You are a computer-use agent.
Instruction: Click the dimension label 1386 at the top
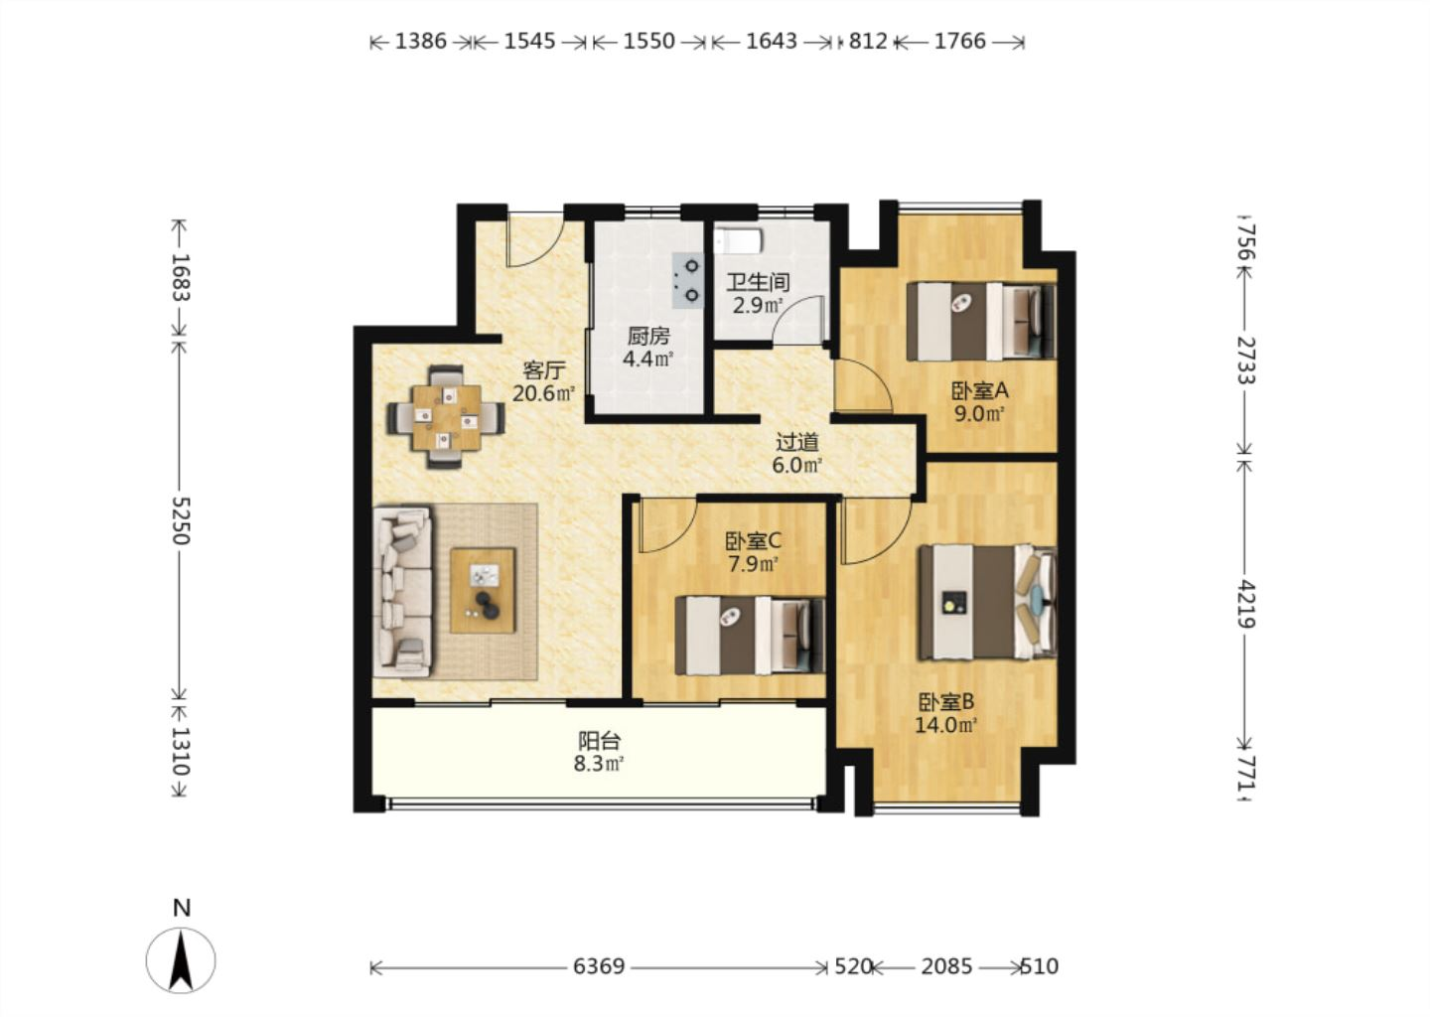click(x=421, y=42)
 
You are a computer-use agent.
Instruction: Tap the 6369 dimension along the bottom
click(x=598, y=966)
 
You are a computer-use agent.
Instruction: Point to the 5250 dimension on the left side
click(x=181, y=519)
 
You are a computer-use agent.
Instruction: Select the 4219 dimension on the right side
click(x=1245, y=603)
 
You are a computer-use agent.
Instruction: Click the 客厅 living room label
click(x=544, y=370)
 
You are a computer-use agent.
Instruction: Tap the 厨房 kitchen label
click(x=647, y=337)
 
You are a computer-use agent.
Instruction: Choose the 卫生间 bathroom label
click(x=759, y=282)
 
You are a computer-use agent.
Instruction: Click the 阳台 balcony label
click(x=600, y=741)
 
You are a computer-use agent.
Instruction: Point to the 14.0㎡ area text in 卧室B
click(x=946, y=725)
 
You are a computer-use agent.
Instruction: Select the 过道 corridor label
click(x=796, y=442)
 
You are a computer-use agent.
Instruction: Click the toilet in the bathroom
click(x=739, y=240)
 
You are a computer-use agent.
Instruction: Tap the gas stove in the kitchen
click(x=687, y=280)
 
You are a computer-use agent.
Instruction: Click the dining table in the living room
click(x=446, y=417)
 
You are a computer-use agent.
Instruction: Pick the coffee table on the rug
click(x=483, y=591)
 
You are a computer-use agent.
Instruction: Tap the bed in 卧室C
click(x=750, y=636)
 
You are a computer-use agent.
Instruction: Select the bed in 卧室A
click(x=981, y=322)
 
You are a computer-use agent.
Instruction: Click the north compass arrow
click(x=181, y=960)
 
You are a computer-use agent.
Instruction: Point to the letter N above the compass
click(x=182, y=909)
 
